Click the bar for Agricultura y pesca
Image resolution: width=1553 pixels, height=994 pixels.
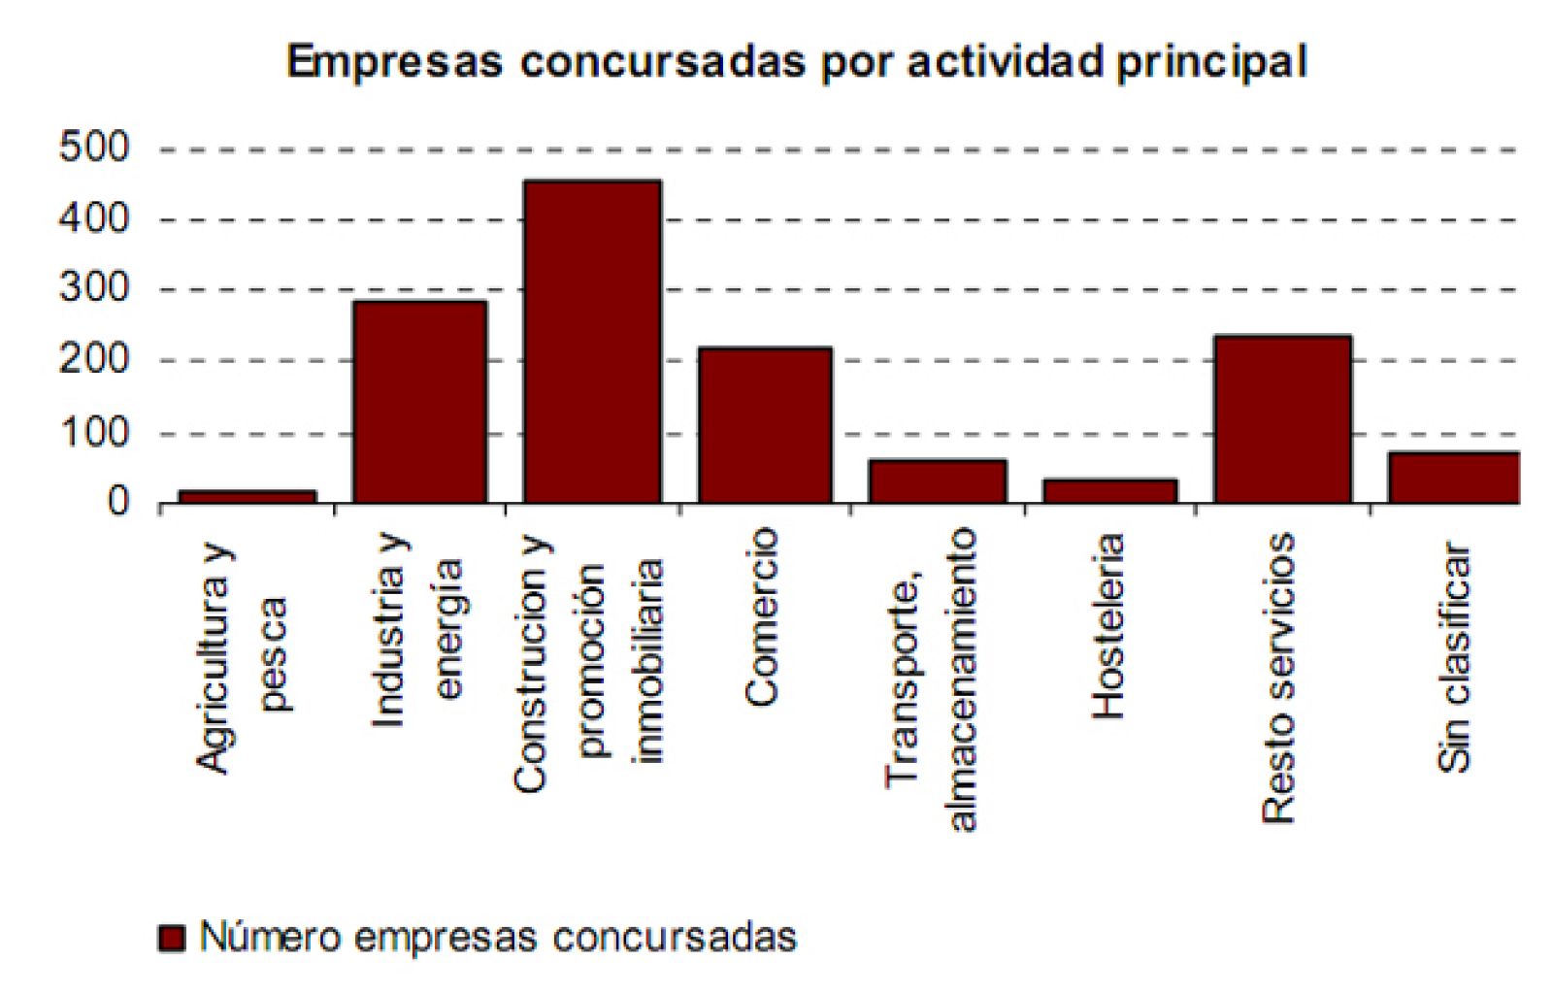coord(248,496)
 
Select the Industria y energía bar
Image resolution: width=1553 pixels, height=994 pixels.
coord(419,402)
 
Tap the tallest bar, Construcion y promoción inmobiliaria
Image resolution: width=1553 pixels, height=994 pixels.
coord(592,342)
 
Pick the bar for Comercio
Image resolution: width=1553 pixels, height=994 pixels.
coord(765,425)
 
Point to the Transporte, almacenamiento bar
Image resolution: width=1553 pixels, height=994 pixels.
coord(938,481)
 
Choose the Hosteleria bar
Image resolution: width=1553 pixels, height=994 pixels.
coord(1110,491)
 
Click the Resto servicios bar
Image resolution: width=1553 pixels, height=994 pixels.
coord(1283,419)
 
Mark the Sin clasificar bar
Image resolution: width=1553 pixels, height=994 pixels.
coord(1454,478)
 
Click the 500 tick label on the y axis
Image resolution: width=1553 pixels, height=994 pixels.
coord(94,149)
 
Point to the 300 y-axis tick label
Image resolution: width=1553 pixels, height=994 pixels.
coord(94,289)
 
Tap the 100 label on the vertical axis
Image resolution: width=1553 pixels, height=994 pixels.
coord(94,433)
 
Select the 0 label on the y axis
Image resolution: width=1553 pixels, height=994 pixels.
coord(117,503)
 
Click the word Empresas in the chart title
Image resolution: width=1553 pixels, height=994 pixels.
coord(395,62)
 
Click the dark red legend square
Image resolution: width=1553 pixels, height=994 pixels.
coord(172,939)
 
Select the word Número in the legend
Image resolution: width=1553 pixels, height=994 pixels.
coord(269,937)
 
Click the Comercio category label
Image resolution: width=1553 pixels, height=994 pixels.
coord(763,616)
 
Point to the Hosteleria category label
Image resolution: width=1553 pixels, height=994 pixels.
coord(1108,626)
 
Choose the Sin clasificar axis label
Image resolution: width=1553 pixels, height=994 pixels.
coord(1454,657)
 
